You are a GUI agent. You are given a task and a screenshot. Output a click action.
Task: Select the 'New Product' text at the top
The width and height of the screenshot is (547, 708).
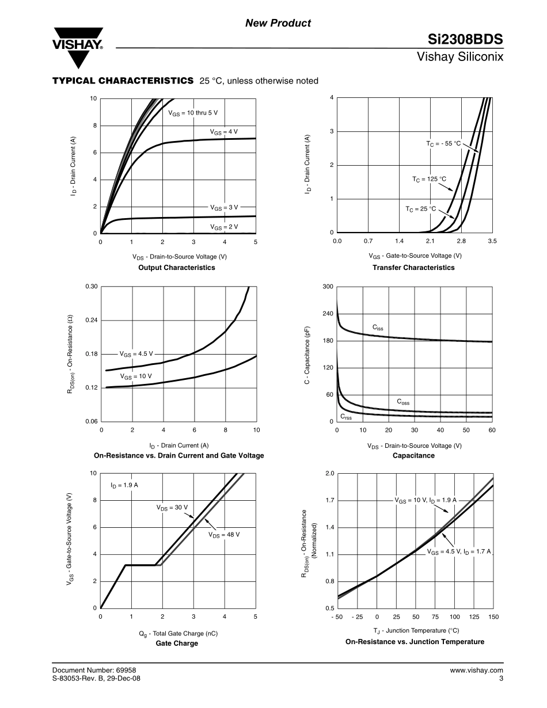278,23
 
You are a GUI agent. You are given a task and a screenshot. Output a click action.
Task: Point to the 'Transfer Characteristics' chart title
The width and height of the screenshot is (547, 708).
413,268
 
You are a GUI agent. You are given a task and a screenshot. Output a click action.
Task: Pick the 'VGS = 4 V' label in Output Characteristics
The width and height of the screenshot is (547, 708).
224,132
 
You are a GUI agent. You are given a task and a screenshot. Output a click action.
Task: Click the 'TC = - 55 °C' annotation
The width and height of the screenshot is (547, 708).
439,143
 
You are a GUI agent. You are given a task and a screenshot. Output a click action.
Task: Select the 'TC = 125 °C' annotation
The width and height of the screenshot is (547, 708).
429,180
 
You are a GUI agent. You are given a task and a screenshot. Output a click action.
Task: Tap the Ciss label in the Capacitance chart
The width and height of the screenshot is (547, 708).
378,328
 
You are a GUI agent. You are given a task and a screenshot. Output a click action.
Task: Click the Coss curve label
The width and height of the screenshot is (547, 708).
404,401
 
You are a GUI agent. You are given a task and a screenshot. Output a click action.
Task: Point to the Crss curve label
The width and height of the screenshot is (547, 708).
345,416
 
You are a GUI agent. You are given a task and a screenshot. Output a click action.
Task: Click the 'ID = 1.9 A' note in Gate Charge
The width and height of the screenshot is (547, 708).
124,485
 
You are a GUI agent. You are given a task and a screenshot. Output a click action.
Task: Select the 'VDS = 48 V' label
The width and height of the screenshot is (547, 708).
224,535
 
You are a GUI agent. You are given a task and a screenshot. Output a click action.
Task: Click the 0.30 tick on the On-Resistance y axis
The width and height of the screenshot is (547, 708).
92,287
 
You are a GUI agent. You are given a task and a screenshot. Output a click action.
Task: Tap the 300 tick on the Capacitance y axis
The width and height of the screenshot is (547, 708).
328,287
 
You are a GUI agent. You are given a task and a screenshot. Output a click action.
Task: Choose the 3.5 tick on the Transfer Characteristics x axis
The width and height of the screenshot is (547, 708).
492,241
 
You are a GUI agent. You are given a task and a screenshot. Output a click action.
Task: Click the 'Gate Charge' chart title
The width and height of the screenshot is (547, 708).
177,644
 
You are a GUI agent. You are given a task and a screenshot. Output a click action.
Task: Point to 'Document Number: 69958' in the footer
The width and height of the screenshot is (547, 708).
94,670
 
